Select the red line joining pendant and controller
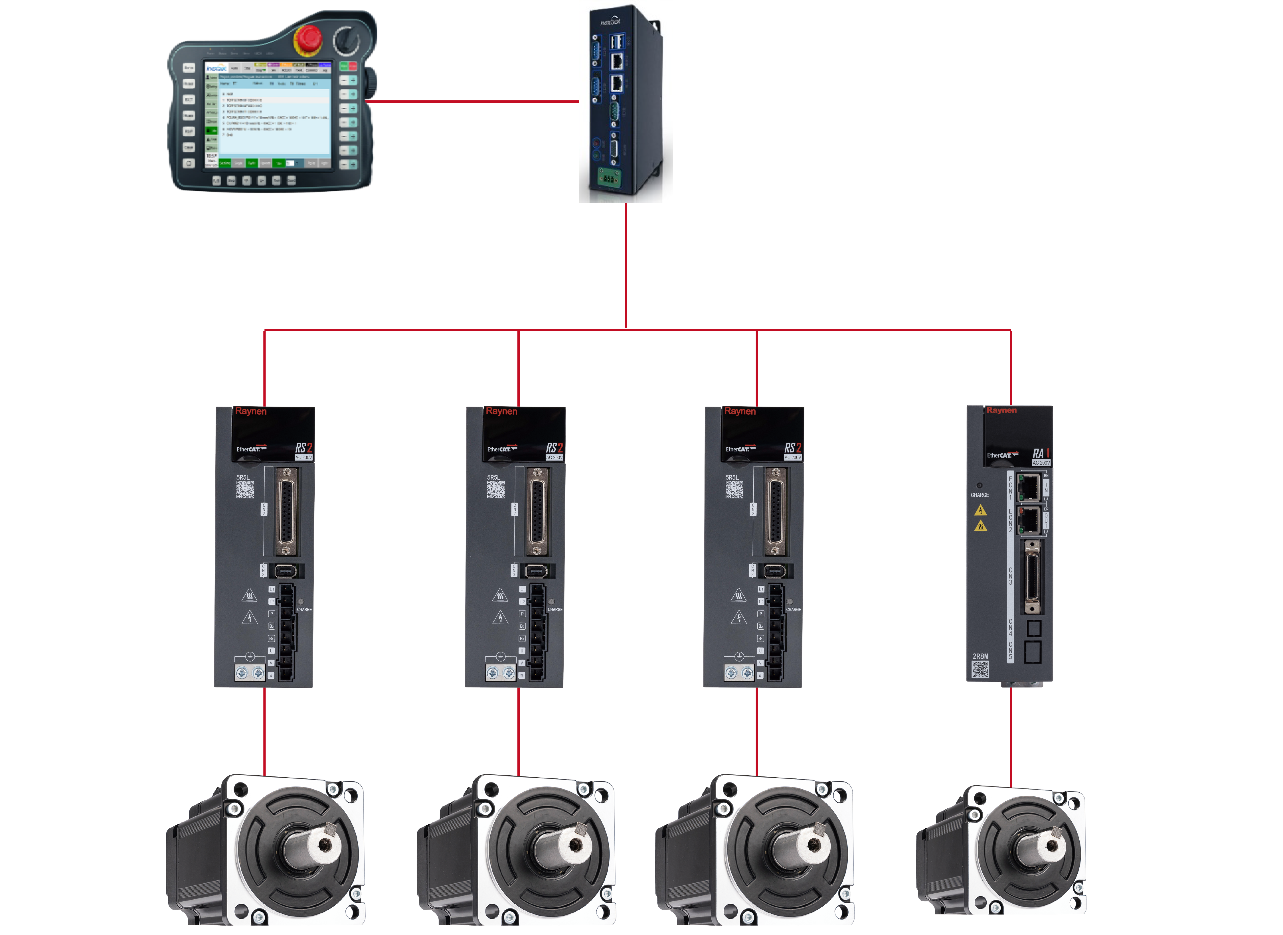point(473,102)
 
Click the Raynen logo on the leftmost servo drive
point(250,411)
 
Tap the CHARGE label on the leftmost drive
point(304,610)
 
